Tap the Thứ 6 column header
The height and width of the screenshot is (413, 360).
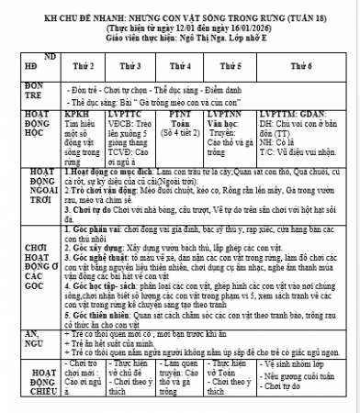296,65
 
